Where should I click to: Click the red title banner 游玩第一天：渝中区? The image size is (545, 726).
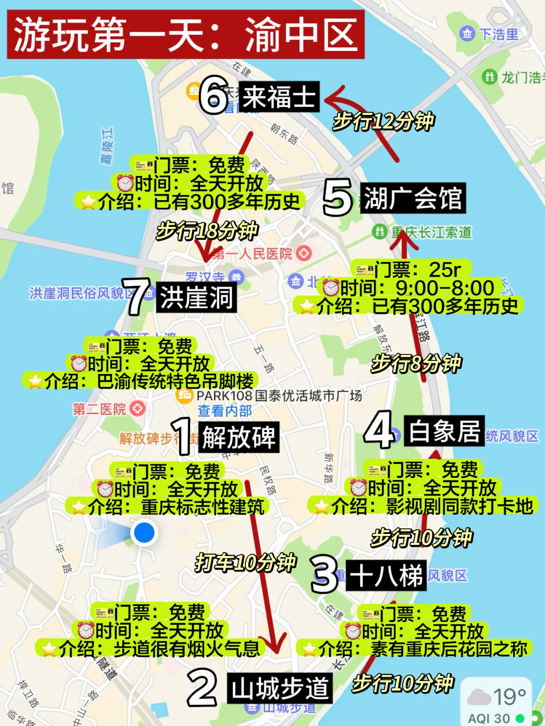[x=185, y=34]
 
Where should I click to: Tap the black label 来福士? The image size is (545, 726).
[x=279, y=96]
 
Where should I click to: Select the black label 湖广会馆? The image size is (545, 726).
[x=412, y=198]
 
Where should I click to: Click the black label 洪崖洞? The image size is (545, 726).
[x=196, y=297]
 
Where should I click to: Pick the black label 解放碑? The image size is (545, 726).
[x=239, y=437]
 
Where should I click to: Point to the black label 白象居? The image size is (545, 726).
[x=444, y=431]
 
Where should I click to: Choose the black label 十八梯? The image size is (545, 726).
[x=386, y=575]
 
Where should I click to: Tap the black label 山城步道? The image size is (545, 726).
[x=280, y=688]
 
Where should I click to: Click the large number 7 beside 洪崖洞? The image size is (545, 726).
[x=136, y=297]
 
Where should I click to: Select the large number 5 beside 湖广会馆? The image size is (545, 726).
[x=337, y=198]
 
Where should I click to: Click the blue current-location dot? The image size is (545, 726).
[x=144, y=532]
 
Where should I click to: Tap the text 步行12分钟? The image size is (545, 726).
[x=384, y=122]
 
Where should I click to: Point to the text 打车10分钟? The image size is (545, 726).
[x=245, y=562]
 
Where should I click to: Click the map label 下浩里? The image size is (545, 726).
[x=498, y=34]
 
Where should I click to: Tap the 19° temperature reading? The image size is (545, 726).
[x=509, y=697]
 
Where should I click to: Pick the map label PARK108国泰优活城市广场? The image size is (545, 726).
[x=279, y=396]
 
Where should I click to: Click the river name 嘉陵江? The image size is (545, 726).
[x=107, y=146]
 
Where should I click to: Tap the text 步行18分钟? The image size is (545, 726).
[x=207, y=231]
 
